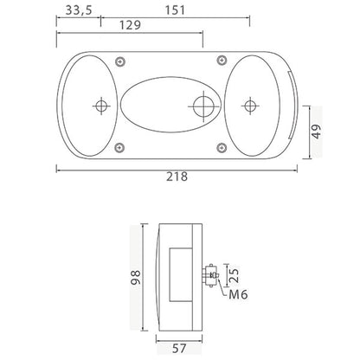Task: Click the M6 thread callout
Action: click(240, 295)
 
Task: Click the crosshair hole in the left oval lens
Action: click(102, 106)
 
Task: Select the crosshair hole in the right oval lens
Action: click(251, 106)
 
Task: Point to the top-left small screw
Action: click(120, 61)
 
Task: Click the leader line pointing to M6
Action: click(222, 288)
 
